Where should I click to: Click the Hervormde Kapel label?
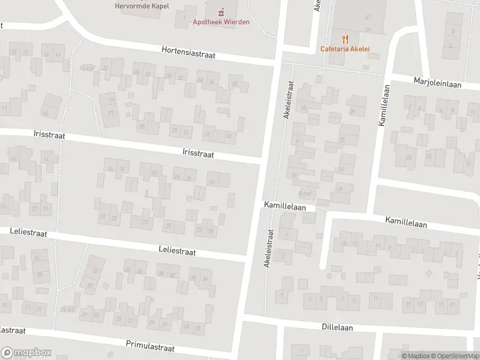(x=142, y=6)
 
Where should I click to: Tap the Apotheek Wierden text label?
(x=221, y=22)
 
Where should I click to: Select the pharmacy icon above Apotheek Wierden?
(x=221, y=11)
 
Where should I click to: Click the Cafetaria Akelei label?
(x=345, y=49)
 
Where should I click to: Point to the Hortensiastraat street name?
(x=188, y=53)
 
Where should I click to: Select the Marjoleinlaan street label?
(x=437, y=82)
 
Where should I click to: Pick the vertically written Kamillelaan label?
(x=382, y=104)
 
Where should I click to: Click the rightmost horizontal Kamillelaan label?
(x=406, y=223)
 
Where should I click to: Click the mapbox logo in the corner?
(x=26, y=352)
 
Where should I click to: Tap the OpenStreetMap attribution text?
(x=455, y=356)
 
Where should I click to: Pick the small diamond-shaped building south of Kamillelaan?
(x=428, y=273)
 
